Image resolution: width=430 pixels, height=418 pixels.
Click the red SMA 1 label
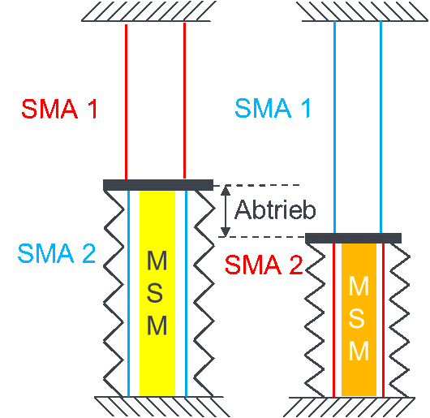click(x=59, y=109)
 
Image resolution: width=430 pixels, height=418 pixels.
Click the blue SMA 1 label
click(x=273, y=108)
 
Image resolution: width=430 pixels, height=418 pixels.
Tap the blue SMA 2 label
click(x=57, y=253)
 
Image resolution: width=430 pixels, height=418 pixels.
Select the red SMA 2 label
click(x=264, y=265)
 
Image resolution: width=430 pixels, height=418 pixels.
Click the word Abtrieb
click(x=275, y=210)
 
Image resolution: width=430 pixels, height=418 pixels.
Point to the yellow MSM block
click(x=157, y=293)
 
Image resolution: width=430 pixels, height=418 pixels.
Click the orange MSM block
click(x=359, y=320)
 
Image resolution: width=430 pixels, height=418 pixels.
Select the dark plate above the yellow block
click(x=158, y=185)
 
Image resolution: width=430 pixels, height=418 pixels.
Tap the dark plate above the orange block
click(x=353, y=238)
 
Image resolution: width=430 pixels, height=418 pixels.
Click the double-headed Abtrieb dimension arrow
click(x=226, y=211)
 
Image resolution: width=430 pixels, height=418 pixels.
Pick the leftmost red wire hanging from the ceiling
click(x=126, y=101)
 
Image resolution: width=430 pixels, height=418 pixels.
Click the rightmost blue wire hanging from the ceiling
click(x=381, y=127)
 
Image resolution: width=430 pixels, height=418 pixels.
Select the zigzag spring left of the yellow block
click(x=114, y=293)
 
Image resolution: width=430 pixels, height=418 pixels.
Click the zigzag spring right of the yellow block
click(x=204, y=293)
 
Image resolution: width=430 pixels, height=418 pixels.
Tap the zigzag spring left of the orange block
click(x=315, y=320)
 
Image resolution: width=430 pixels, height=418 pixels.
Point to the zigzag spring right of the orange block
click(x=399, y=320)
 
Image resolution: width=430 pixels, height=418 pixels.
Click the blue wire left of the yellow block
click(x=128, y=294)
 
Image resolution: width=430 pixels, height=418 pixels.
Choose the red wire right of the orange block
click(x=384, y=320)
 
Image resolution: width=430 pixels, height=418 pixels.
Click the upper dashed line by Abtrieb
click(x=256, y=185)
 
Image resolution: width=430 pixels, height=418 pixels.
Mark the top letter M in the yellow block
click(x=157, y=261)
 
